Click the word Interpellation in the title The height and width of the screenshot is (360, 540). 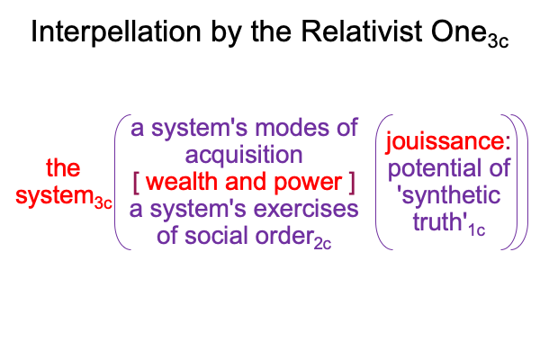point(116,32)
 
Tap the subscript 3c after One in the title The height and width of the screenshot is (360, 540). point(498,41)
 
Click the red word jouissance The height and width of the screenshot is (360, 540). point(445,141)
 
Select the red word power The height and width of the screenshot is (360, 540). point(308,183)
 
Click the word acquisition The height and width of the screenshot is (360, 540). point(244,156)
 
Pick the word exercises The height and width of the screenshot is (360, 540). point(306,209)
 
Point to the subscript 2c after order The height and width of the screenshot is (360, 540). point(323,243)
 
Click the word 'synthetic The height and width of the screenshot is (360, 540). point(449,196)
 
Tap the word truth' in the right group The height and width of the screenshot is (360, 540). point(440,221)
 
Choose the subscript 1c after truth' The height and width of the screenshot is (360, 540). point(477,229)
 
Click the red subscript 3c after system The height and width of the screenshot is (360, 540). point(103,202)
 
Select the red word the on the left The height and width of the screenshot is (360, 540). point(63,167)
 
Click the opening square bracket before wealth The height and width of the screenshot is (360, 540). point(136,184)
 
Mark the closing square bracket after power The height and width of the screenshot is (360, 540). point(351,184)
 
